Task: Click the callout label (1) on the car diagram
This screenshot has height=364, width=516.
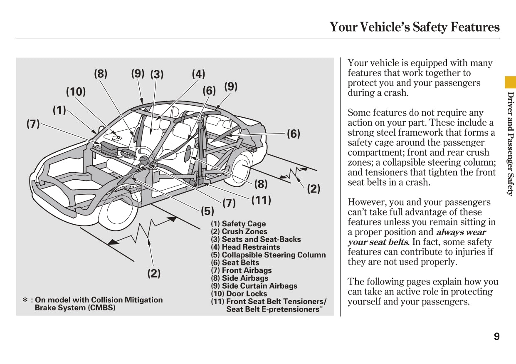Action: click(59, 110)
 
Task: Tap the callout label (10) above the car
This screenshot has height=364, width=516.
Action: click(76, 92)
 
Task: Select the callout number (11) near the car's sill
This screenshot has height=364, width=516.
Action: click(261, 200)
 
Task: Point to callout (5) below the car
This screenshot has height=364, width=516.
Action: click(207, 211)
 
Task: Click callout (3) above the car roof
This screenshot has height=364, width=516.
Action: click(157, 74)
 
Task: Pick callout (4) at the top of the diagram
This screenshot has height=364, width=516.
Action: click(198, 74)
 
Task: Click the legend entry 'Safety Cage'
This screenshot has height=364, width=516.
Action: click(238, 224)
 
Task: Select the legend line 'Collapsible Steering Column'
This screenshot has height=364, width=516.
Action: click(268, 255)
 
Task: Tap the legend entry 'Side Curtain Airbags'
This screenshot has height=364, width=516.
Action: click(254, 286)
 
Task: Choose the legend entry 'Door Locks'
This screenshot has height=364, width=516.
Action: click(239, 294)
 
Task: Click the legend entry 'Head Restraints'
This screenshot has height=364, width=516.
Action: click(245, 247)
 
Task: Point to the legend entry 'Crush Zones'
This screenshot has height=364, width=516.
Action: click(239, 232)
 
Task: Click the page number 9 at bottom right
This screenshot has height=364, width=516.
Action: click(496, 337)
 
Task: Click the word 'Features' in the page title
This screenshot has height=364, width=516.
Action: click(473, 27)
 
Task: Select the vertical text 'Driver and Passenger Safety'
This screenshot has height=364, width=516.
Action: click(510, 144)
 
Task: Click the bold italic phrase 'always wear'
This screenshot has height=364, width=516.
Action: click(460, 232)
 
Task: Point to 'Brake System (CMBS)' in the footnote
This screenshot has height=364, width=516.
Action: click(75, 308)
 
